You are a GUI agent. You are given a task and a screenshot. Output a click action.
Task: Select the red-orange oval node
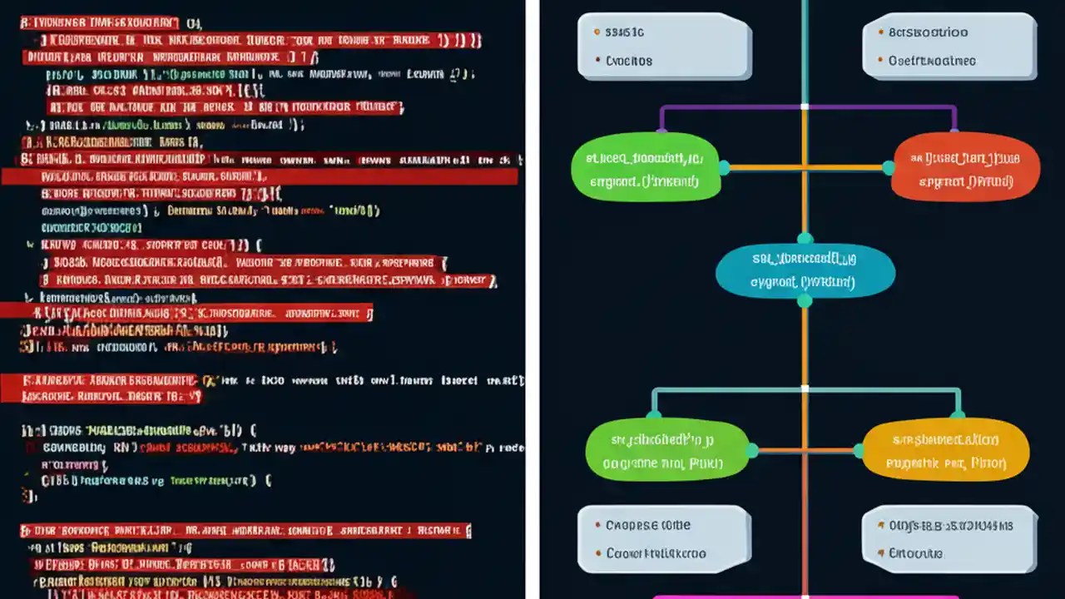click(x=965, y=169)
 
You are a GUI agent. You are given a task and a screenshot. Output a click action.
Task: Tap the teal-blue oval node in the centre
click(x=805, y=270)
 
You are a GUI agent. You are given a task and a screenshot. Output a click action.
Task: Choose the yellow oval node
click(x=945, y=450)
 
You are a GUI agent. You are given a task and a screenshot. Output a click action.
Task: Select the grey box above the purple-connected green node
click(x=664, y=47)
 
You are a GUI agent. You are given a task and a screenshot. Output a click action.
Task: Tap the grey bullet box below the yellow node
click(x=949, y=538)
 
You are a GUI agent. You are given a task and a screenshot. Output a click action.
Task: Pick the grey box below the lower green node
click(x=664, y=538)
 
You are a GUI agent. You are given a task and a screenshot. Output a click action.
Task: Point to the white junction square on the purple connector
click(x=805, y=106)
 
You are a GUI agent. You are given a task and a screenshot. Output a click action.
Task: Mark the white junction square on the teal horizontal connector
click(x=805, y=389)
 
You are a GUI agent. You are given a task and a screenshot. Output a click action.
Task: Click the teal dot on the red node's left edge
click(x=889, y=168)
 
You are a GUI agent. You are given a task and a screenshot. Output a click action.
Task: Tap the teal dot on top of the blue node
click(x=805, y=238)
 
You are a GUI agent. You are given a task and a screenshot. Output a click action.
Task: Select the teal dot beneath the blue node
click(x=805, y=301)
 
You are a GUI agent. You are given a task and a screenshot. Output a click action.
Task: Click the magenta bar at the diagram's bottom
click(x=805, y=595)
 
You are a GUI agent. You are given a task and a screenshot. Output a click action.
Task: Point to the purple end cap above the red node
click(x=954, y=129)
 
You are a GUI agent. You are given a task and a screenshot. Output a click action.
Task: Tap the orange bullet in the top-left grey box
click(x=597, y=32)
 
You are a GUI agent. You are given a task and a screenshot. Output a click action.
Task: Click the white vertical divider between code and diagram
click(x=532, y=299)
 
